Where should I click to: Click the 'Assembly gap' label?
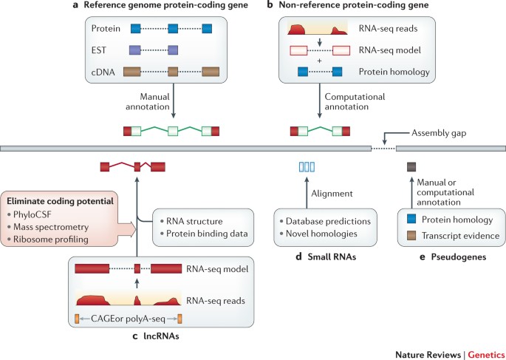tap(439, 133)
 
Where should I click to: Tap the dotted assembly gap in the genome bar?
tap(383, 149)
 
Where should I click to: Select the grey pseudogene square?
tap(411, 166)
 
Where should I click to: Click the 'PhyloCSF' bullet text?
tap(33, 214)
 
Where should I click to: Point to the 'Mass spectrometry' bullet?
tap(51, 227)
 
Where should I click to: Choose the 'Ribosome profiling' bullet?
tap(51, 240)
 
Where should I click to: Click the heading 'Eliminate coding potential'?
tap(60, 201)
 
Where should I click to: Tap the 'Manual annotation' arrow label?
tap(148, 101)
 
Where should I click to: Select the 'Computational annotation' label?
tap(355, 101)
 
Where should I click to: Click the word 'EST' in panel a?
tap(99, 50)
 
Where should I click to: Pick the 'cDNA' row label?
tap(103, 72)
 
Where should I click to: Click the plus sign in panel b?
tap(319, 61)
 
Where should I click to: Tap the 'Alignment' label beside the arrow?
tap(332, 194)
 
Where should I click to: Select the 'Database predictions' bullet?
tap(328, 221)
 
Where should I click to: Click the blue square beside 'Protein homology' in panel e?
tap(411, 220)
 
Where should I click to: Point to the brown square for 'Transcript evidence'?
tap(411, 235)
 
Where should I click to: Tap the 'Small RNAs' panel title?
tap(332, 257)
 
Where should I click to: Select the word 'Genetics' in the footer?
tap(486, 355)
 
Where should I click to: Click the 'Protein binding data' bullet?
tap(207, 234)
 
